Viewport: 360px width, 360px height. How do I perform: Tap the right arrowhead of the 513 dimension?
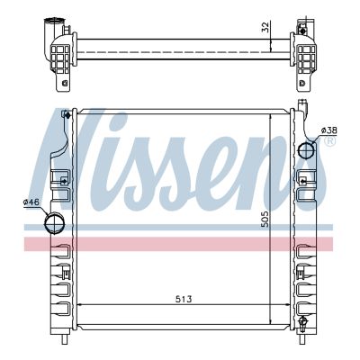coord(286,306)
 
